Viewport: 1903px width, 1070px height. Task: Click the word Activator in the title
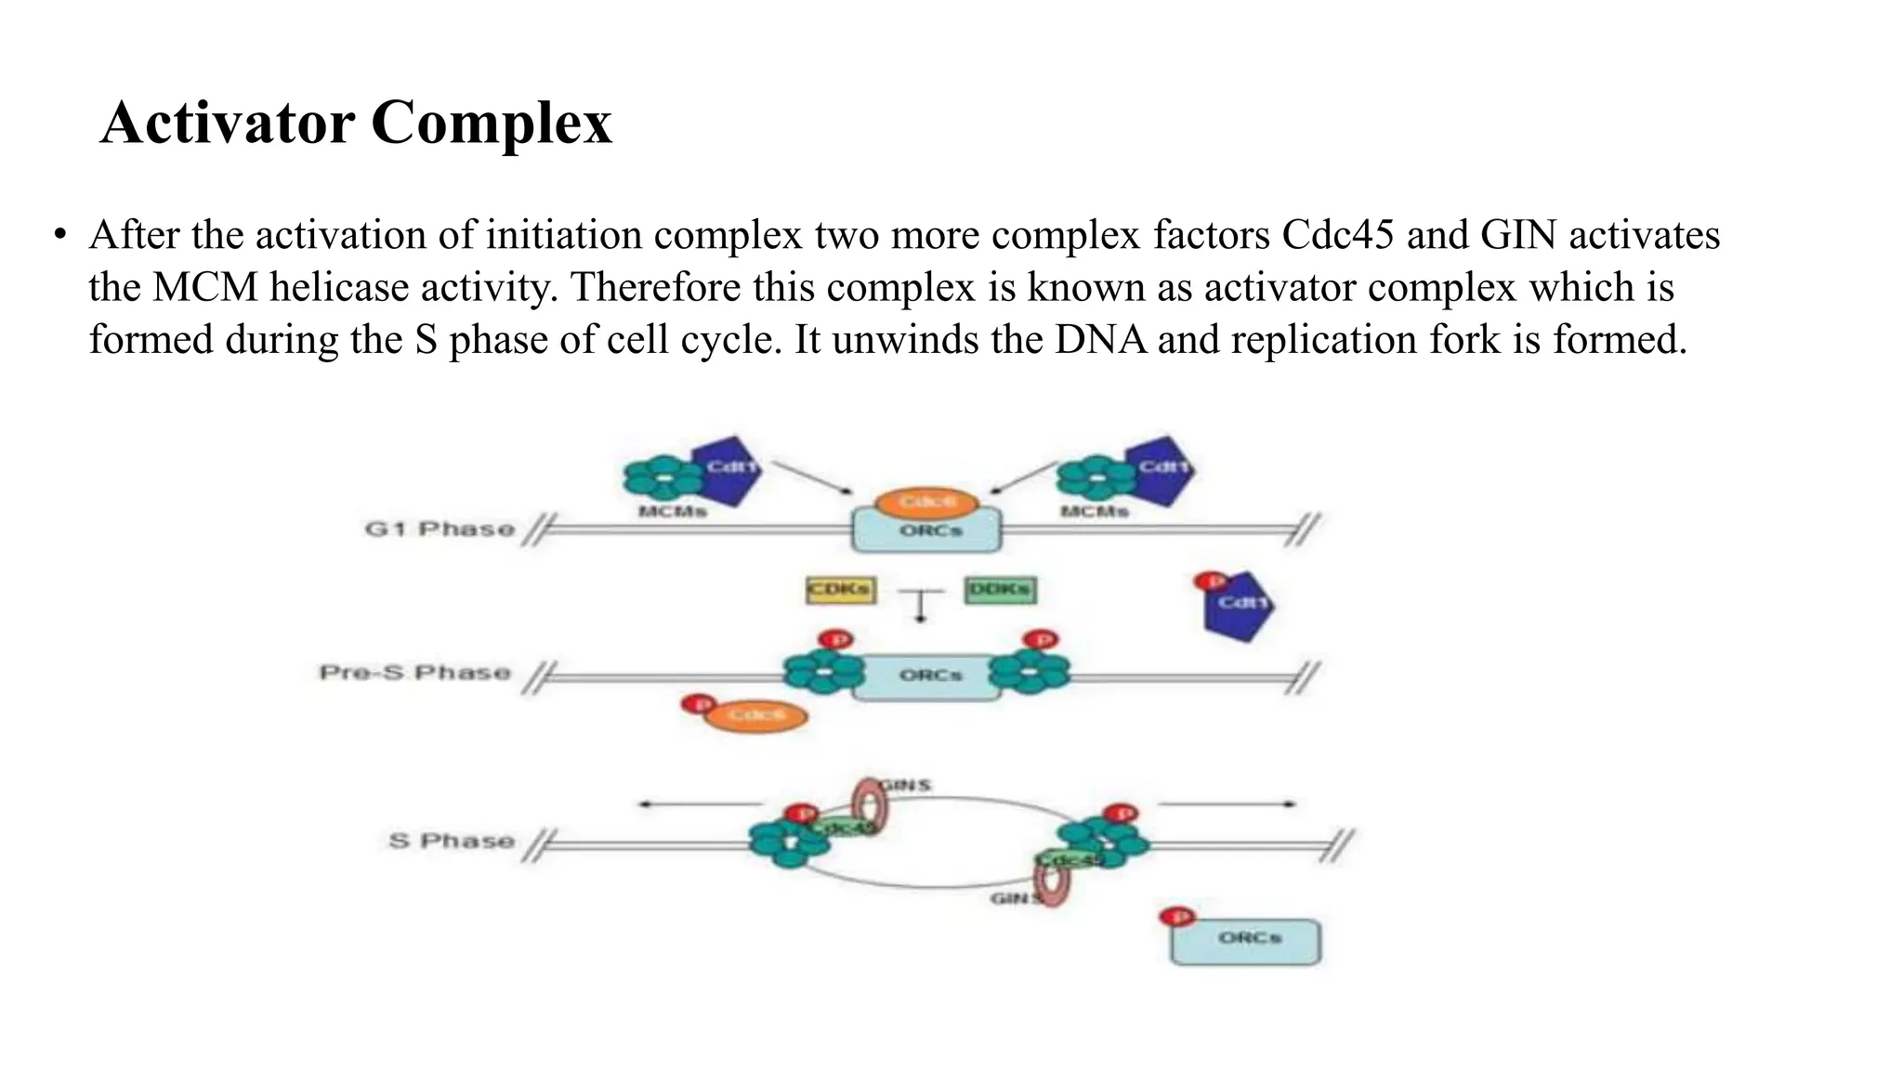[x=227, y=123]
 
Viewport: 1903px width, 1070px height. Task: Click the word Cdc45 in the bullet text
[x=1337, y=235]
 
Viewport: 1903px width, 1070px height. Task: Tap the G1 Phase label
[x=440, y=529]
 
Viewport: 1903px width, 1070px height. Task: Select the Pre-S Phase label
[x=414, y=672]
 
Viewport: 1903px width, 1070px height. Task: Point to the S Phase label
[x=452, y=841]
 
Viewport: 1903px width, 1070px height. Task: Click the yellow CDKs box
[x=840, y=590]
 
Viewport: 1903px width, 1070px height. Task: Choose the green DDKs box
[x=1000, y=590]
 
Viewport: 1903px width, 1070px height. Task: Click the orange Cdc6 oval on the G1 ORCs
[x=926, y=502]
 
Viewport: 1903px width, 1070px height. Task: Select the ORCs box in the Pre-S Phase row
[x=928, y=676]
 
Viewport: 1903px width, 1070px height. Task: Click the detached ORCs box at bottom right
[x=1245, y=940]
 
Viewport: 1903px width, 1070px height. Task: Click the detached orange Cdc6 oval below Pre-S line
[x=755, y=715]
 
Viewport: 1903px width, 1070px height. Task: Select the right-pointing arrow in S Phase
[x=1227, y=804]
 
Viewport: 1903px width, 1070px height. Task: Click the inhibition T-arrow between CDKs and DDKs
[x=921, y=604]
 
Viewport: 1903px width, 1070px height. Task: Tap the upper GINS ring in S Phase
[x=871, y=803]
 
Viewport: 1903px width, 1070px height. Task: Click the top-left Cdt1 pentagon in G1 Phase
[x=728, y=469]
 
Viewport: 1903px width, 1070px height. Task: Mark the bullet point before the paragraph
[x=60, y=235]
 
